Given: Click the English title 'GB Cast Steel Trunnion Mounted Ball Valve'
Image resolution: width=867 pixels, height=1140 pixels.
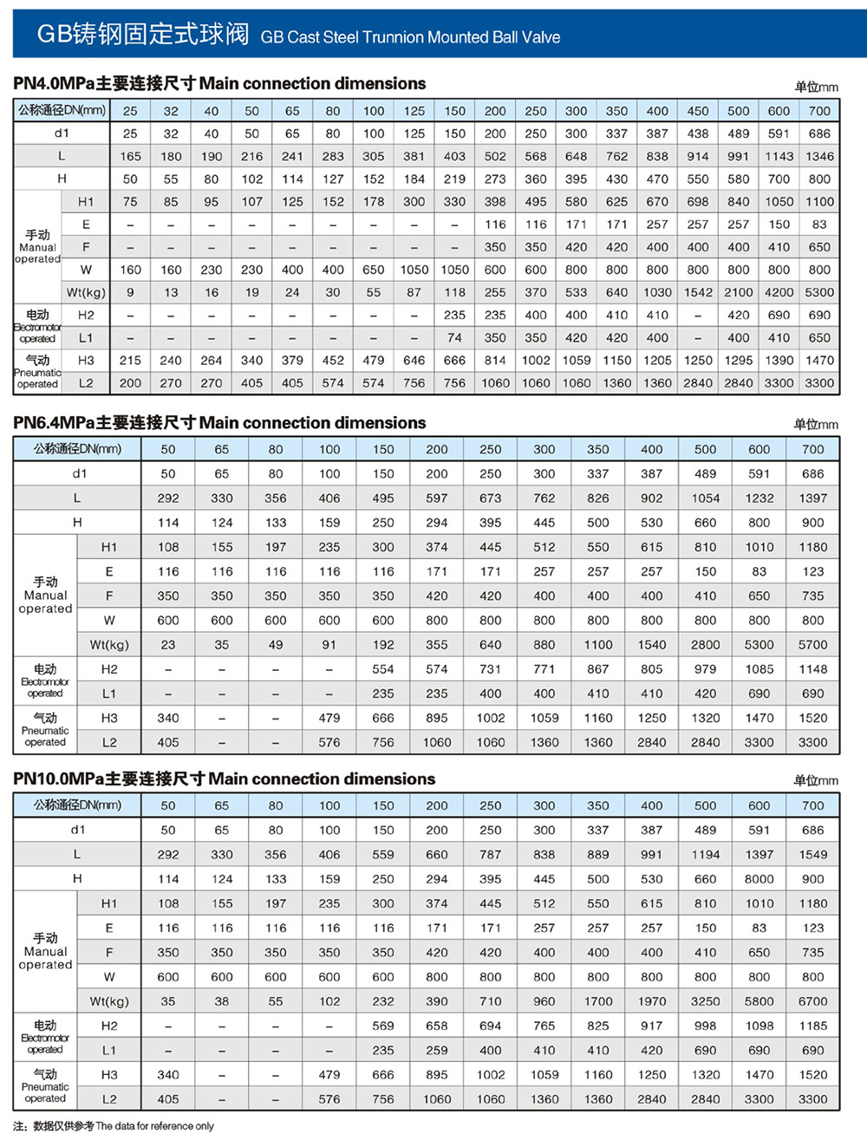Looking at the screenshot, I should coord(410,37).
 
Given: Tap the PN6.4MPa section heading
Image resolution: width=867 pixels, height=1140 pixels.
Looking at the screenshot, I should coord(219,423).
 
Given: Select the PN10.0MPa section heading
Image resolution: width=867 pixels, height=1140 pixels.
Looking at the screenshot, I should coord(224,778).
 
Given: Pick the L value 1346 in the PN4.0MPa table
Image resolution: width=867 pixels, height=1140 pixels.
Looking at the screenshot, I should coord(819,157).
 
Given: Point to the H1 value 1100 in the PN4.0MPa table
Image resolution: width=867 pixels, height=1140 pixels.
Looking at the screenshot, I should coord(819,202).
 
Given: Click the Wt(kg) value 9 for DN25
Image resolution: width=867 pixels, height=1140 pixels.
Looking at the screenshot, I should coord(130,293).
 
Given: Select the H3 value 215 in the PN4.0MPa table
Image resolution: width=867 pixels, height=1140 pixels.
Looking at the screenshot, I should coord(130,361).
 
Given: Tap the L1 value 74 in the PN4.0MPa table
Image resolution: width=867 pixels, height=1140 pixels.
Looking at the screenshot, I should coord(454,338).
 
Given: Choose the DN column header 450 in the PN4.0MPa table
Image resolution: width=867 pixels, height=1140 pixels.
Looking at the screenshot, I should coord(698,111).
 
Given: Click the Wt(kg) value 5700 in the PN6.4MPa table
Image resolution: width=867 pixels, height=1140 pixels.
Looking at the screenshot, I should coord(812,645).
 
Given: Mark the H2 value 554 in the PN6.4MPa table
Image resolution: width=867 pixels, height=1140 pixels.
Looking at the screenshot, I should coord(383,669).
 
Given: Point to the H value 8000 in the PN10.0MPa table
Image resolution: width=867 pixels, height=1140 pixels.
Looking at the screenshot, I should coord(759,879).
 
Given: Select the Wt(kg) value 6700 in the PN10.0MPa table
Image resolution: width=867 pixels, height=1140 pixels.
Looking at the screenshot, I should coord(812,1001).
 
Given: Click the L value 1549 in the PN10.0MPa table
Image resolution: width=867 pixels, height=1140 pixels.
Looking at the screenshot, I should coord(812,855).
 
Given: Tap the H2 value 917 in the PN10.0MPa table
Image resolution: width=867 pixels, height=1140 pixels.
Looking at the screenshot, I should coord(651,1026).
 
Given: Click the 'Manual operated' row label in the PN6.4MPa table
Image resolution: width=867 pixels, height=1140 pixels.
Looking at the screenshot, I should coord(45,596).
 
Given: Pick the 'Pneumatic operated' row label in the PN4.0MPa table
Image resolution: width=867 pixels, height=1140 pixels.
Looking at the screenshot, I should coord(37,372).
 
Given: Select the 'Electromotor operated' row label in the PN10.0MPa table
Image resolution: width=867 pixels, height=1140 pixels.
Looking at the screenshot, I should coord(45,1038).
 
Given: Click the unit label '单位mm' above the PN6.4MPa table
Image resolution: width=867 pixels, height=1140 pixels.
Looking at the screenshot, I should coord(815,425).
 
